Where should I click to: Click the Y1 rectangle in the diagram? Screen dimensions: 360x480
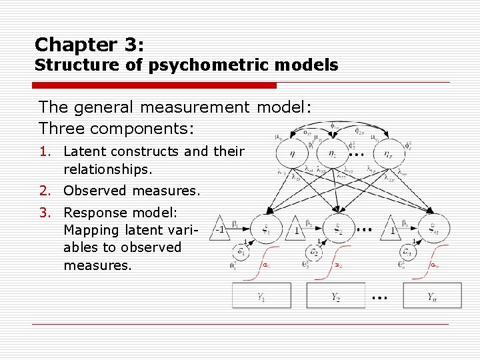[x=261, y=296]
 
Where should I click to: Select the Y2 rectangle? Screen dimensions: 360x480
[x=335, y=296]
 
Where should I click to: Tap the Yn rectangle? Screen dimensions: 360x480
[x=432, y=296]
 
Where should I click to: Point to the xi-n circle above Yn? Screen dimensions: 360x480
[x=433, y=230]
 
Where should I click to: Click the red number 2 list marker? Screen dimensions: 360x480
[x=43, y=191]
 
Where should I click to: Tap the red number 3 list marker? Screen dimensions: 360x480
[x=43, y=213]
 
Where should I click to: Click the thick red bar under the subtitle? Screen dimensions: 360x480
[x=155, y=85]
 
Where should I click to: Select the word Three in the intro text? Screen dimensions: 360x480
[x=61, y=127]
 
